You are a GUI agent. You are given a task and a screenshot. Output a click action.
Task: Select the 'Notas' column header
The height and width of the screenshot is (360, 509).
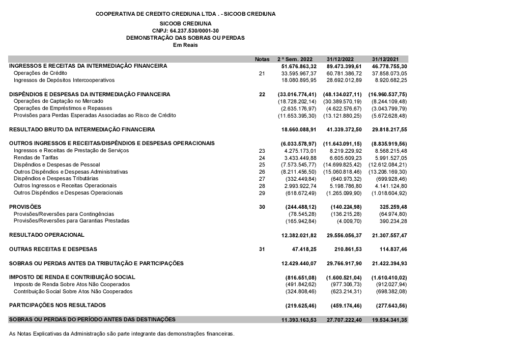[x=262, y=59]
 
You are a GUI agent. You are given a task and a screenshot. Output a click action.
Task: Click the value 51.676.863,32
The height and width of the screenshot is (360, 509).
[x=299, y=66]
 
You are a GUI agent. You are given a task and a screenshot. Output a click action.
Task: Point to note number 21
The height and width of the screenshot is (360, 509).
[x=262, y=73]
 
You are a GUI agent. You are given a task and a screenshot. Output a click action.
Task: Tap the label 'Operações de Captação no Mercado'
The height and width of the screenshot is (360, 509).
[x=58, y=101]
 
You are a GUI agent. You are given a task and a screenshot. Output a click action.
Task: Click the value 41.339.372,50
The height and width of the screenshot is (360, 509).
[x=344, y=129]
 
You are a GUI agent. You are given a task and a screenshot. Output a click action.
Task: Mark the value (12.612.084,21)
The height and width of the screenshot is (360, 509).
[x=387, y=164]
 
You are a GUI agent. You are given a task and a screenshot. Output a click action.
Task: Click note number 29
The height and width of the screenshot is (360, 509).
[x=262, y=193]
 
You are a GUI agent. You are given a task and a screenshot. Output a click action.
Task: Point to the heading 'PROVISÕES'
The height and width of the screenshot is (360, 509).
[x=25, y=207]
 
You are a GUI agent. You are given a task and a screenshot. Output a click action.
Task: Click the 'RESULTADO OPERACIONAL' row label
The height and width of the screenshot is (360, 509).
[x=47, y=235]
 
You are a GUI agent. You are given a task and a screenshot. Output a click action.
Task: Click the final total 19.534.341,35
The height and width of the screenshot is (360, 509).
[x=389, y=319]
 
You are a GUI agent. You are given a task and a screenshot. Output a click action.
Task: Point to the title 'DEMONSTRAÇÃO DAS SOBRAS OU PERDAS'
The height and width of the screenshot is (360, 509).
[x=185, y=38]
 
